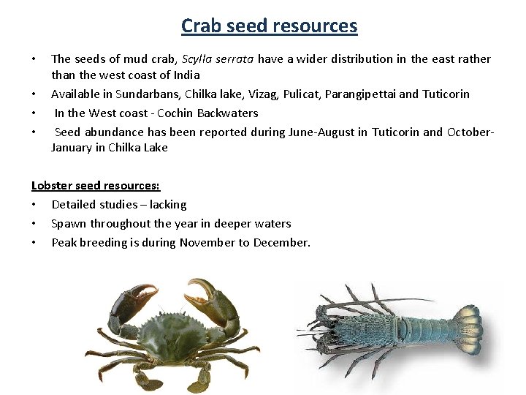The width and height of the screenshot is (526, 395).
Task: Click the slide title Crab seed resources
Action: (269, 26)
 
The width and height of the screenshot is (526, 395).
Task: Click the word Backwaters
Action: (227, 113)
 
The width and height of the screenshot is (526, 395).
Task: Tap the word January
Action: (71, 148)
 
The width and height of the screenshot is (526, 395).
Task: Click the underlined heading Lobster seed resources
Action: (96, 186)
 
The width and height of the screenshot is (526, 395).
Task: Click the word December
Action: (281, 243)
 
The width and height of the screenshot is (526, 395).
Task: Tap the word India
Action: (186, 75)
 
